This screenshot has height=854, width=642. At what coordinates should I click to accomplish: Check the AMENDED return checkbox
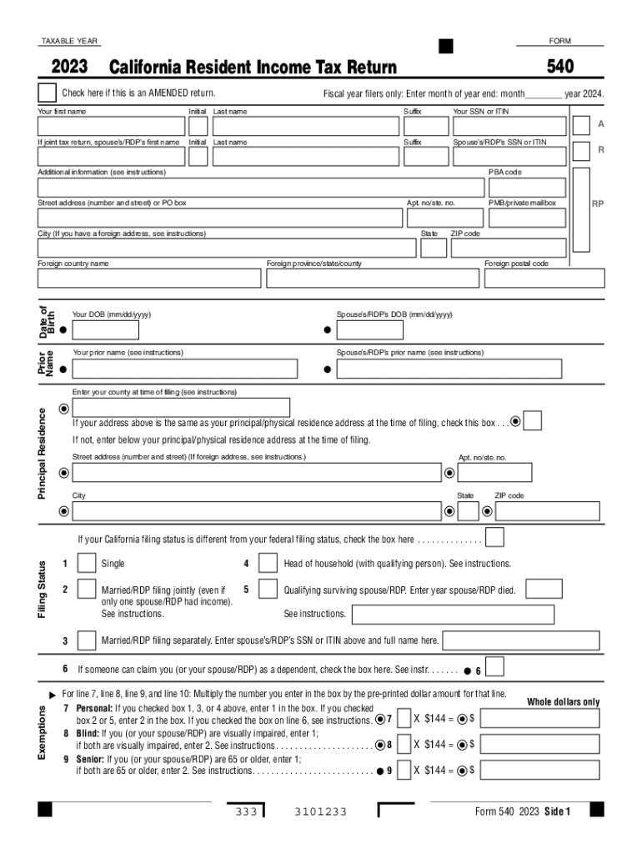(48, 93)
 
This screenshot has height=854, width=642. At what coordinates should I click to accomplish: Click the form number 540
(560, 67)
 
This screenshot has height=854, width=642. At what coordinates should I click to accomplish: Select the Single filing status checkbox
(86, 565)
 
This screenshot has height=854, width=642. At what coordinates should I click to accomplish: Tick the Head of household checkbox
(268, 565)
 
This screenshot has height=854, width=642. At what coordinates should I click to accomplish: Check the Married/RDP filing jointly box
(86, 590)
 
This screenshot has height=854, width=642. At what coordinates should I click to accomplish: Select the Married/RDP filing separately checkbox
(86, 640)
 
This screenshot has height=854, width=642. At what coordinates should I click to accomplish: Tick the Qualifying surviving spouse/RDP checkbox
(268, 590)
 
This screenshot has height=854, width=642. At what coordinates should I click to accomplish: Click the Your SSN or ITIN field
(509, 126)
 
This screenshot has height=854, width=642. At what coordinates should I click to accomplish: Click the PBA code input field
(528, 188)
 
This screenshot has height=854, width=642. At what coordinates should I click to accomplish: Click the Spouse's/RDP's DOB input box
(369, 330)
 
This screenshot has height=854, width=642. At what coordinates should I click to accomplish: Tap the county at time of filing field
(181, 408)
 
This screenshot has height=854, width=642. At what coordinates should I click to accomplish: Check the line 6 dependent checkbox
(494, 668)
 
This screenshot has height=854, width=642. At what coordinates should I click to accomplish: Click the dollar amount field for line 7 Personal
(539, 719)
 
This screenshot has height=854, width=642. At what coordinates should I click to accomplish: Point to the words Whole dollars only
(563, 702)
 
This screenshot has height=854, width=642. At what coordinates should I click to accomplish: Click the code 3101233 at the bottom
(321, 812)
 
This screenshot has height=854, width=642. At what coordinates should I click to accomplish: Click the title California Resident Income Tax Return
(253, 68)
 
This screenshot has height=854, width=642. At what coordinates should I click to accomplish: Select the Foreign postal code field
(544, 279)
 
